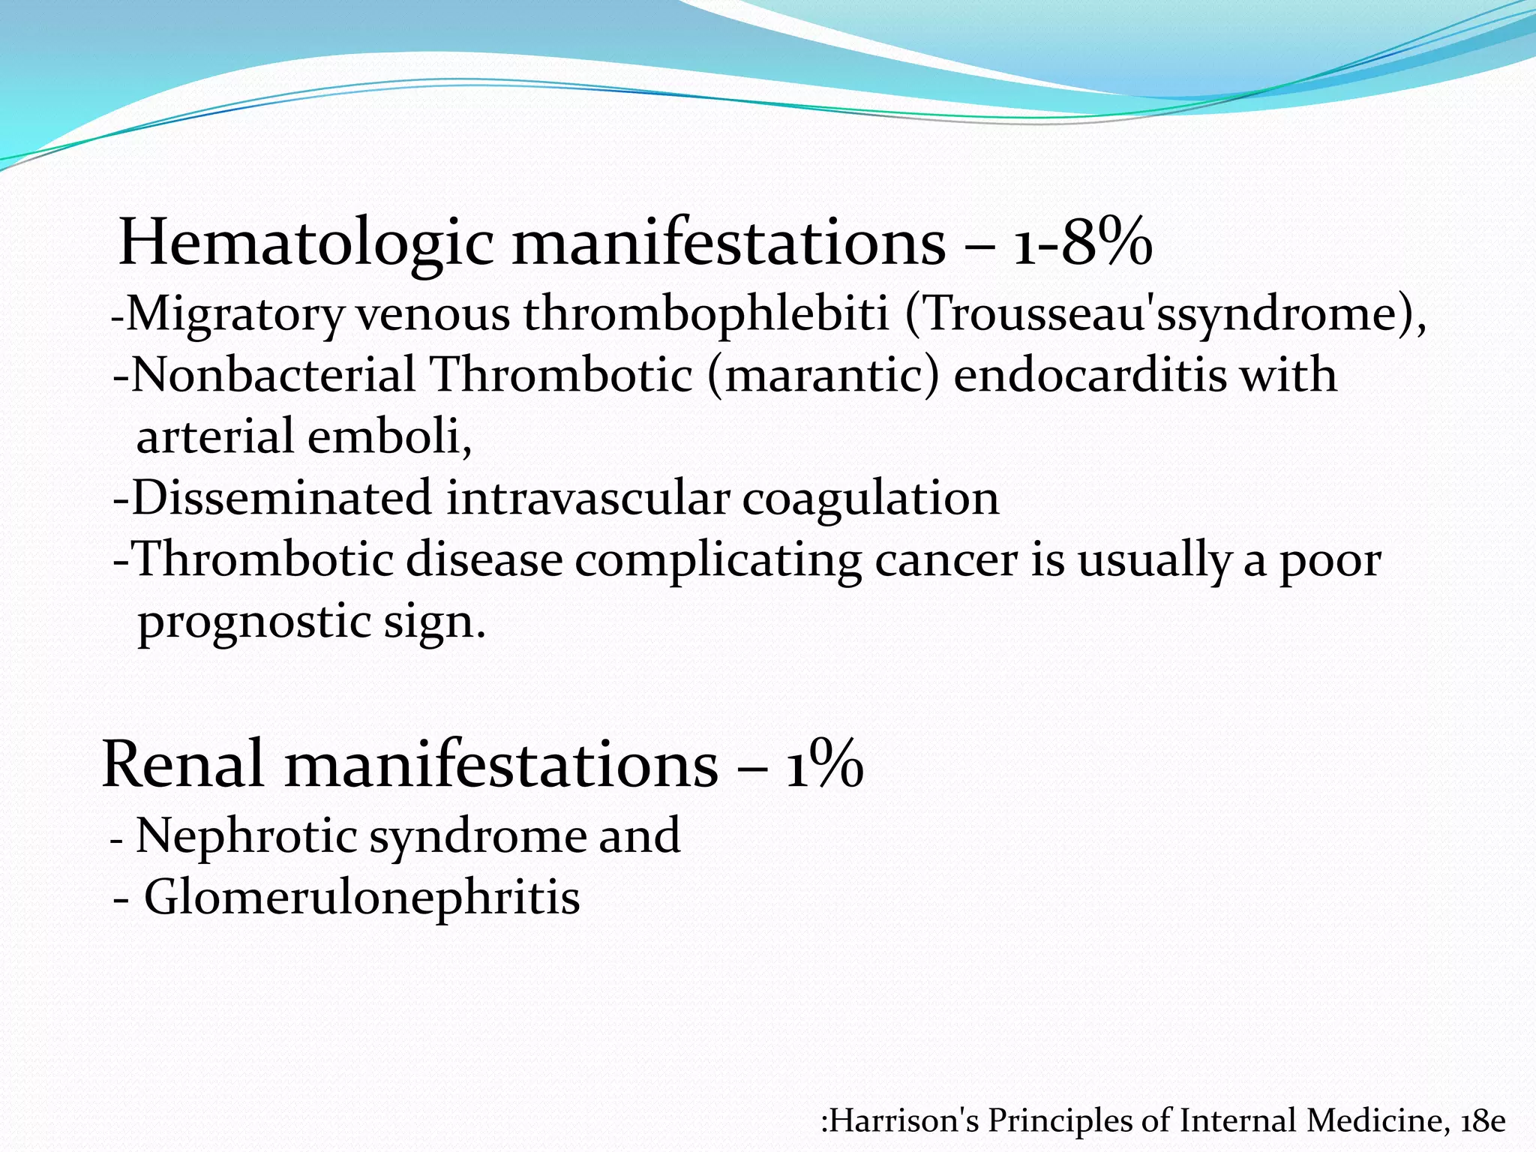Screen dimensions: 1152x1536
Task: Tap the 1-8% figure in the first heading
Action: (1082, 243)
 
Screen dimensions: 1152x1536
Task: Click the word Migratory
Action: (234, 315)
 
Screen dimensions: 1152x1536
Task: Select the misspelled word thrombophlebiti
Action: (706, 315)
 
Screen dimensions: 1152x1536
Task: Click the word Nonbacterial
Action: (273, 375)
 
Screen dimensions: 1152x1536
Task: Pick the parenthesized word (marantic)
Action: (822, 375)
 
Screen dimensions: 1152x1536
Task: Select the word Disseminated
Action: (282, 498)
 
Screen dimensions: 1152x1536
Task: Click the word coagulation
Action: (870, 498)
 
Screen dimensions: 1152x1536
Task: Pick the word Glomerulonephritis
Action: (361, 897)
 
